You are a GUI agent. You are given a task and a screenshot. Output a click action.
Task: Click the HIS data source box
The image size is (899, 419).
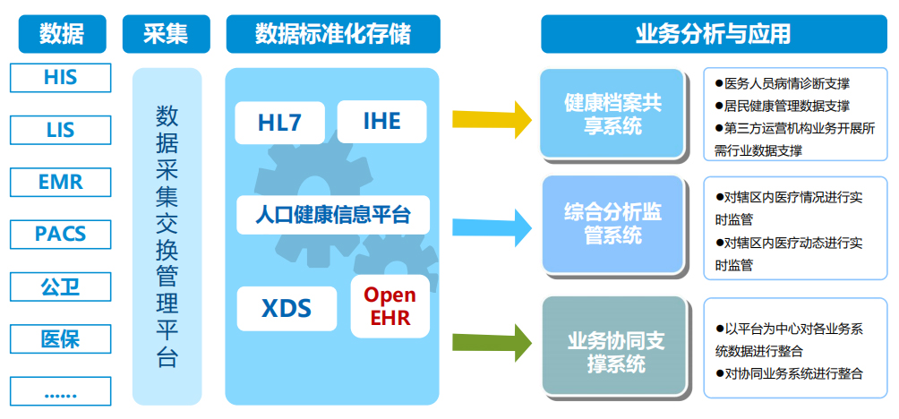tap(60, 78)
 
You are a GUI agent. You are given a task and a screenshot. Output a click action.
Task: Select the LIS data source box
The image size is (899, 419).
tap(60, 130)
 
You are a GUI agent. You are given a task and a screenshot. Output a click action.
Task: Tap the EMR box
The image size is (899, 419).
tap(60, 182)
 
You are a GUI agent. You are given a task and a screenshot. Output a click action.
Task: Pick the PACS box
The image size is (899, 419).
tap(60, 235)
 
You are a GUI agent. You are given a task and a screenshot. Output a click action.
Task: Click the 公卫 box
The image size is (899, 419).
tap(60, 286)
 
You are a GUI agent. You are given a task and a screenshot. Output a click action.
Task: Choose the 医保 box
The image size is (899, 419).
tap(60, 339)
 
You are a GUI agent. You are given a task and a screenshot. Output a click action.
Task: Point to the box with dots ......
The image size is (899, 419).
tap(60, 391)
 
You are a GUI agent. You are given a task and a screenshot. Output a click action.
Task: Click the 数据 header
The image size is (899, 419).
tap(61, 34)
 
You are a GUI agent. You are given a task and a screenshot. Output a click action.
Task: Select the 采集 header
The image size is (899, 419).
tap(166, 34)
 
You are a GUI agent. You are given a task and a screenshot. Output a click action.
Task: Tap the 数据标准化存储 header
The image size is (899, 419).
tap(333, 34)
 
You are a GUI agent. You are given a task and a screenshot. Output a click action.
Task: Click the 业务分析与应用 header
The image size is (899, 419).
tap(713, 34)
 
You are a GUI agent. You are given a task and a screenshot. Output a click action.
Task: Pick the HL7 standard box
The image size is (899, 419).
tap(280, 123)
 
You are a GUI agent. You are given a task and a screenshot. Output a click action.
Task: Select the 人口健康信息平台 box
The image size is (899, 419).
tap(332, 215)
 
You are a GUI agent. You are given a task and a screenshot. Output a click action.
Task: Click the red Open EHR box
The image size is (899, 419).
tap(390, 307)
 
